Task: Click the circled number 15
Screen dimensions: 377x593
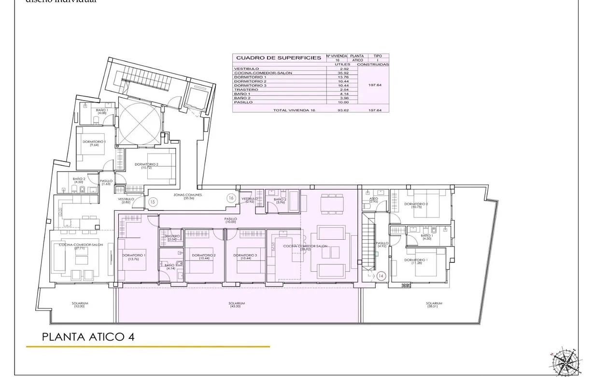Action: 153,202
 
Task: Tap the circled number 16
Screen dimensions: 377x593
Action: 231,198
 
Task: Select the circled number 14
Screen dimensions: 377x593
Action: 381,276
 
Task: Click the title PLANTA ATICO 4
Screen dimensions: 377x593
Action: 88,337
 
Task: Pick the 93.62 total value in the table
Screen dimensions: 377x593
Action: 344,110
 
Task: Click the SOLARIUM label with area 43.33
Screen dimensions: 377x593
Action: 238,304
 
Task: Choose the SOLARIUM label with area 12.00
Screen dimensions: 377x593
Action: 80,304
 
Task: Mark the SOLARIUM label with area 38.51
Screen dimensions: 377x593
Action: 434,304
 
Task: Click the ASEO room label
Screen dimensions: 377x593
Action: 373,200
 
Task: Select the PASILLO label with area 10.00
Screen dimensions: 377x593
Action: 230,220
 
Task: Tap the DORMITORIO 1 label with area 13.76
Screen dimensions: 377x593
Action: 134,256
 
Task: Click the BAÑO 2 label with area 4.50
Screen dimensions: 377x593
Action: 79,180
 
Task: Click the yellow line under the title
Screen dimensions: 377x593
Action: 148,347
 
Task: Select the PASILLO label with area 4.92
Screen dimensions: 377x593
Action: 382,245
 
